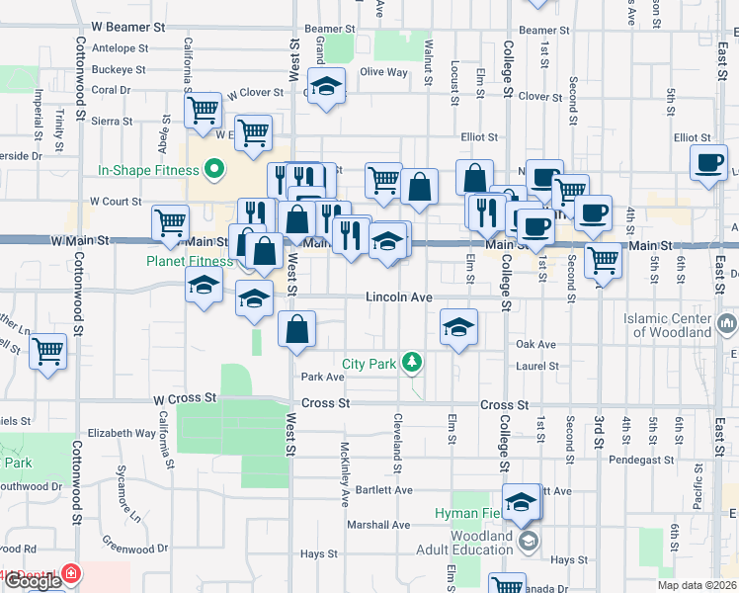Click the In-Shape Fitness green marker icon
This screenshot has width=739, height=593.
(x=212, y=170)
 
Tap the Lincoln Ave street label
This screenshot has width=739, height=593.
(x=399, y=296)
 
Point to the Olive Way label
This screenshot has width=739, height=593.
(x=383, y=72)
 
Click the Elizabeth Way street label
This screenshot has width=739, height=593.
(x=122, y=433)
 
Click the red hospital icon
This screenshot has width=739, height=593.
(x=71, y=573)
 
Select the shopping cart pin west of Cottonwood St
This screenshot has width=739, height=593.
(x=48, y=350)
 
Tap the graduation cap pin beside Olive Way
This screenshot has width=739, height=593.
(x=326, y=86)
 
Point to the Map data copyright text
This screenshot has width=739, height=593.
(x=697, y=584)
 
